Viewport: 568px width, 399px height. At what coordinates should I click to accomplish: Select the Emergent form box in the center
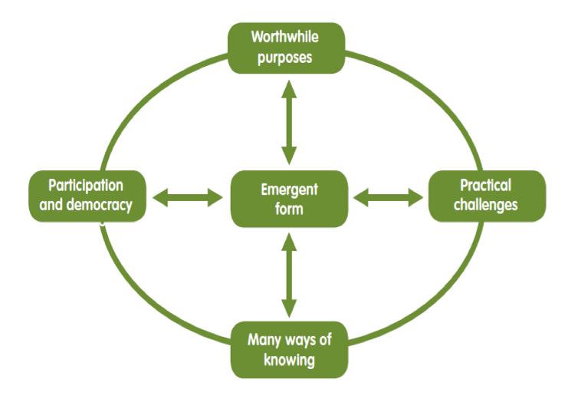point(289,199)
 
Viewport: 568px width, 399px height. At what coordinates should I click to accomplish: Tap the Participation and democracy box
point(86,196)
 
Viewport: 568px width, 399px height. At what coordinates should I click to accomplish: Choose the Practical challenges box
point(486,196)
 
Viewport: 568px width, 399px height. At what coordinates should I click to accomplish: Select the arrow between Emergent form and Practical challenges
point(388,199)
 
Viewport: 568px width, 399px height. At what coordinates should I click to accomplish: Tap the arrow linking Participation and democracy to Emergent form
point(186,199)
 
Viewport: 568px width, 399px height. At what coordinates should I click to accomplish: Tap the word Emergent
point(289,190)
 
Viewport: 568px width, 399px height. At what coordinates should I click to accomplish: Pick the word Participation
point(86,186)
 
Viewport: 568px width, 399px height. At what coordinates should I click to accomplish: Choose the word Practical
point(486,186)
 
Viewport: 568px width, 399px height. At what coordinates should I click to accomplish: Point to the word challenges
point(486,205)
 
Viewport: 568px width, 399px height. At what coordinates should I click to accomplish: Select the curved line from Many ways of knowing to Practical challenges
point(429,307)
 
